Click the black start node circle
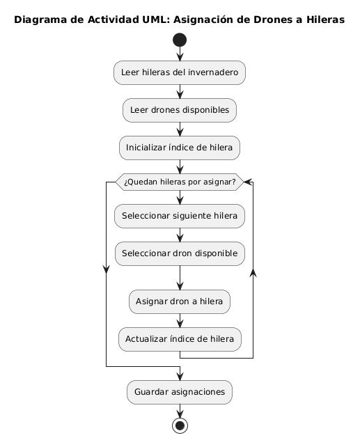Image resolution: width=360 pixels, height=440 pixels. point(180,40)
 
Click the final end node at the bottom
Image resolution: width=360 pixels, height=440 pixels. point(180,425)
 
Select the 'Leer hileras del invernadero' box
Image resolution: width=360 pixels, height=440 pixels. point(180,72)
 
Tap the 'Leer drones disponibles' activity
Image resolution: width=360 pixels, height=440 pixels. point(180,110)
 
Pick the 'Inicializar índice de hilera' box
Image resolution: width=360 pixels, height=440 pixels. point(180,148)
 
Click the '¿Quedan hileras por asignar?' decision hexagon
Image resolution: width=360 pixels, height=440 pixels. point(180,182)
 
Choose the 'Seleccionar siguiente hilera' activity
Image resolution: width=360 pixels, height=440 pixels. point(180,216)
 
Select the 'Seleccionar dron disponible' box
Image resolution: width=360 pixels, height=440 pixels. point(180,253)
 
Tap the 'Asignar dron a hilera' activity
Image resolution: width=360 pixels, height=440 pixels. point(180,301)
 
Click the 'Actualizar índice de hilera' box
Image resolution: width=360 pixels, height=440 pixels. point(180,339)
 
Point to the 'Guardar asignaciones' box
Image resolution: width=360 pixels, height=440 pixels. point(180,392)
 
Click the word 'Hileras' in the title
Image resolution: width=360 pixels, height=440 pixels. point(325,19)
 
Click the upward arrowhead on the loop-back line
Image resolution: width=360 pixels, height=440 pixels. point(253,273)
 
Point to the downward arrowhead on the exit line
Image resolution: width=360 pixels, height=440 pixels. point(106,269)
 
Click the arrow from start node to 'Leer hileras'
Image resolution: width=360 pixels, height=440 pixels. point(180,54)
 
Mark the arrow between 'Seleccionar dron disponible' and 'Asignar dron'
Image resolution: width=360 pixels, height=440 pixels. point(180,278)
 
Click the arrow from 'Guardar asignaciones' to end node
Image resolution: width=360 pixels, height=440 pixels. point(180,411)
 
